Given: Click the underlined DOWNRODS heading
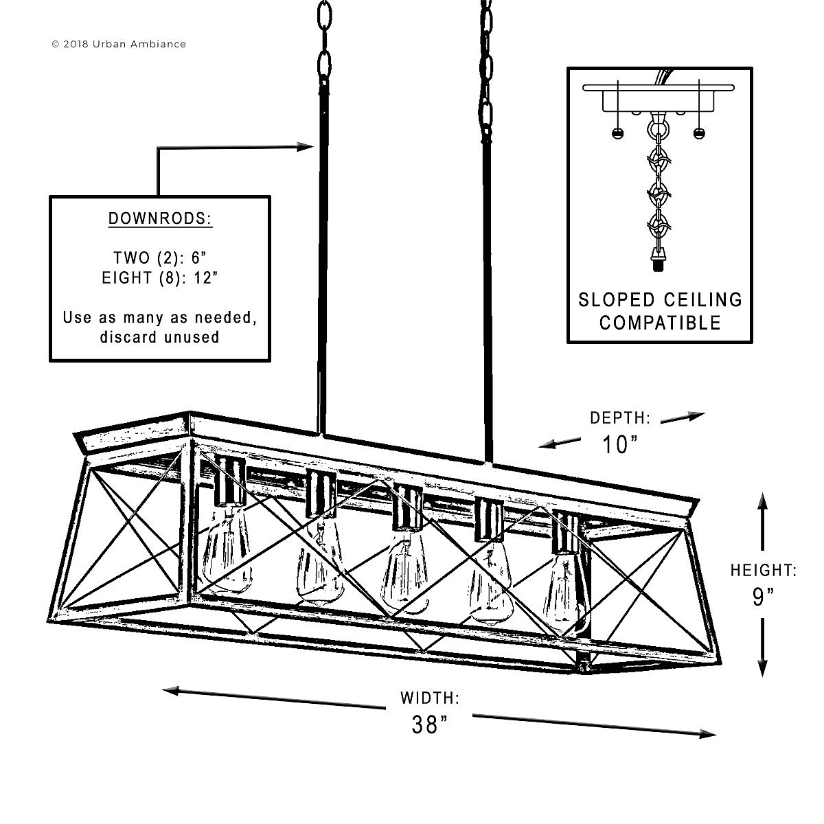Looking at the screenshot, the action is (x=161, y=218).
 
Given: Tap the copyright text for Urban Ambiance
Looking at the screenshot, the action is (x=119, y=44).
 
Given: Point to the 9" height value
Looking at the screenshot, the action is (x=764, y=597).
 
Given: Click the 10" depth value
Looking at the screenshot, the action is (x=620, y=444).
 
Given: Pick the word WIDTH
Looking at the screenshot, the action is (x=430, y=698).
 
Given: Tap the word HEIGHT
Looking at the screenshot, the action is (x=764, y=570).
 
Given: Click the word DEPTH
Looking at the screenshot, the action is (x=620, y=417).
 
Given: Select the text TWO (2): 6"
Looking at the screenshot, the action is (x=160, y=258).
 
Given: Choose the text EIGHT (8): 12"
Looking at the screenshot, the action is (x=160, y=278).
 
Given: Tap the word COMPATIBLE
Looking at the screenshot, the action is (x=660, y=323).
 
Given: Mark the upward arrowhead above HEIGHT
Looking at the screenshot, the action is (x=762, y=501).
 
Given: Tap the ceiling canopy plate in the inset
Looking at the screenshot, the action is (x=659, y=88).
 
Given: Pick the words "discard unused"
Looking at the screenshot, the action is (x=160, y=337).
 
